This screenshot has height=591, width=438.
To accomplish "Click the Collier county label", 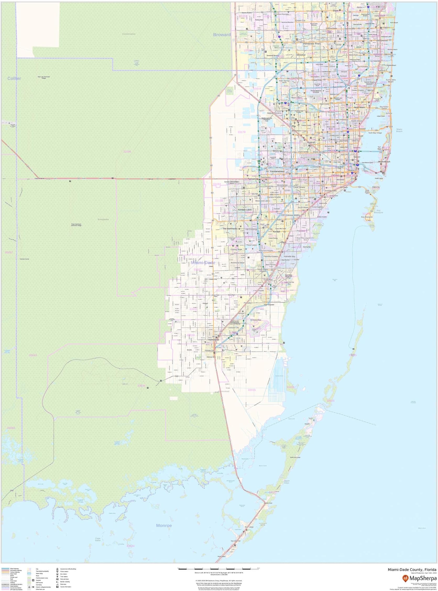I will point(14,79).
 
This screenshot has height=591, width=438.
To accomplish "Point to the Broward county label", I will point(222,35).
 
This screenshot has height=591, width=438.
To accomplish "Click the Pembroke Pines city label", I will point(312,44).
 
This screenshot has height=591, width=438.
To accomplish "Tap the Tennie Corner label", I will point(24,259).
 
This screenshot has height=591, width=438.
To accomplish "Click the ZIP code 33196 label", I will point(127,152).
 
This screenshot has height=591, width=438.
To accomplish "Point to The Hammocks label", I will point(230,228).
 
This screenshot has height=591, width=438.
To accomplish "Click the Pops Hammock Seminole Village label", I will point(76,225).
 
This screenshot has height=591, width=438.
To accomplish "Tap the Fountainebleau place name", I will point(277,172).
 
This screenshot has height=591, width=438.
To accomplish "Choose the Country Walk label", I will point(236,249).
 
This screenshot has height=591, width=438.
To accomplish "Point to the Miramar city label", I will point(301,55).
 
